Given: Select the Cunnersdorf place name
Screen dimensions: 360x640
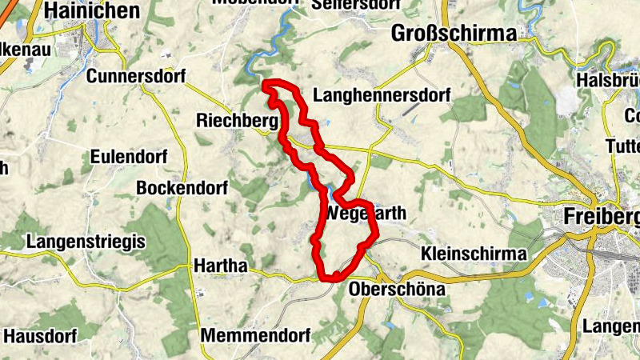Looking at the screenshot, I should point(135,77).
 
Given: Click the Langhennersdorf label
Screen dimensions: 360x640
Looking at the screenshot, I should point(383,96).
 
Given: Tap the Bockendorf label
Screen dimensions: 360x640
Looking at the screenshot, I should point(182,188).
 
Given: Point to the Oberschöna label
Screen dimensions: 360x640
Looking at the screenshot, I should point(397,290).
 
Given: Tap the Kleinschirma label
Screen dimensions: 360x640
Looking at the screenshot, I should point(474,254).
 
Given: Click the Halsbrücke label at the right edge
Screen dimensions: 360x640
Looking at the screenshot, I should point(607,81).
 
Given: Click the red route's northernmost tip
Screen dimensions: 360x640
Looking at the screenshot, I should point(266,82).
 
